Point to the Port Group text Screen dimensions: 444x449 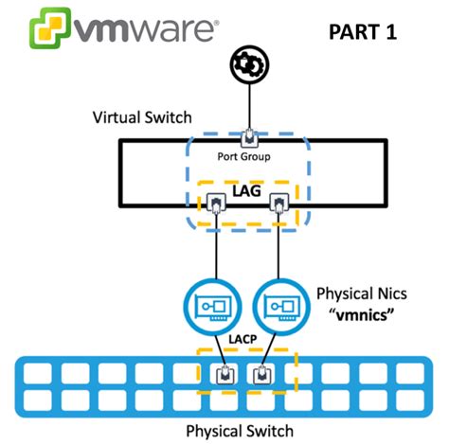point(249,158)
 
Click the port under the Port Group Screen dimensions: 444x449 point(249,138)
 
